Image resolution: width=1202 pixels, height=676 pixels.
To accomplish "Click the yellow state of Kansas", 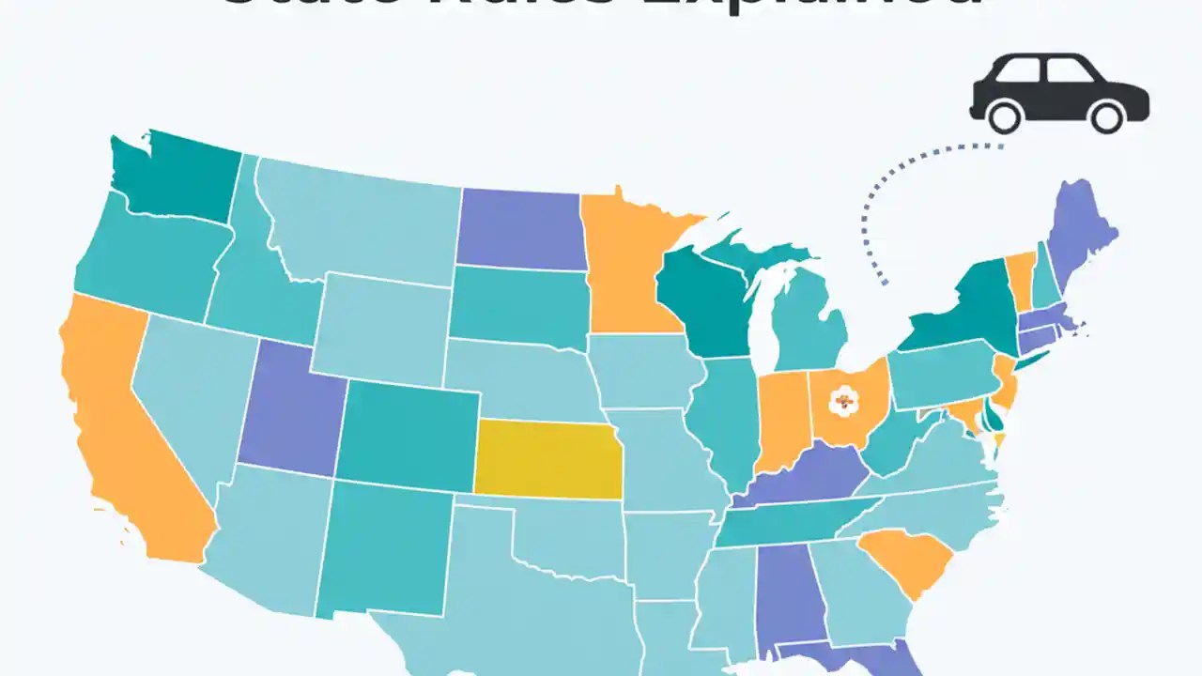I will point(547,459).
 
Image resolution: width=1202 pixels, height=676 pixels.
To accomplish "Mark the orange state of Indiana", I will point(781,418).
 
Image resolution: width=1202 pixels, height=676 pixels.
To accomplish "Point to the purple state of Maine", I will point(1080,235).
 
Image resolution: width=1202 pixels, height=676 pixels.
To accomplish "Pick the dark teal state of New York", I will point(967,315).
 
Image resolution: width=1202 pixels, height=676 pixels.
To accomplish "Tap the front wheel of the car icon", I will point(1108,116).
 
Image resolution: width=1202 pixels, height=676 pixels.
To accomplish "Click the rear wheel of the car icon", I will point(1005,116).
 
